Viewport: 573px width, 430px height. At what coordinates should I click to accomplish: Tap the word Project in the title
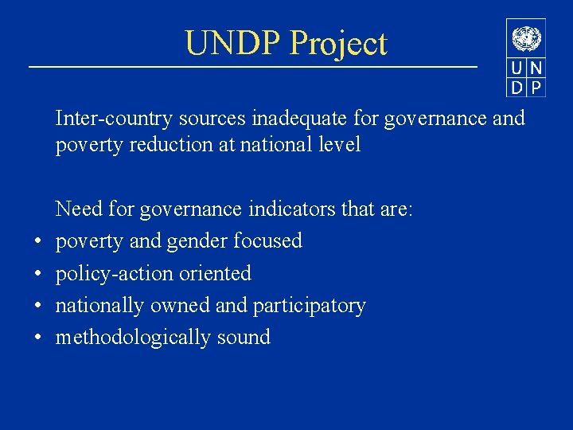338,45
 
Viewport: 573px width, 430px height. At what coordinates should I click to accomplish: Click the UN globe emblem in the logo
526,38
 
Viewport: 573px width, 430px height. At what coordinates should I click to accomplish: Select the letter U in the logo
517,68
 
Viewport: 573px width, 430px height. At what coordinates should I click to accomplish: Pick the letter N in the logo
536,68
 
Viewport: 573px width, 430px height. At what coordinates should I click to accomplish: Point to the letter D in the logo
517,87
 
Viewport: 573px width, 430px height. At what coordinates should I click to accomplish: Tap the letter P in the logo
536,87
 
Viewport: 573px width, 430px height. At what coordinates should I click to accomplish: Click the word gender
194,241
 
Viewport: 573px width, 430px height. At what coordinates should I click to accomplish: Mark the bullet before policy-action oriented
37,274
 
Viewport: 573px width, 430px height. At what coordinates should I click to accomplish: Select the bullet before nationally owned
37,306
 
